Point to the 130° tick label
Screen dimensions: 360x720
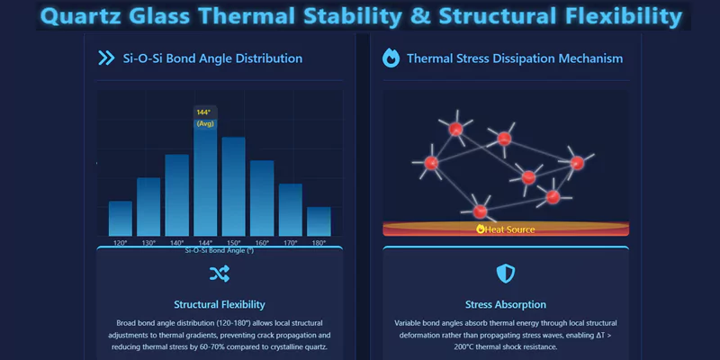pos(148,243)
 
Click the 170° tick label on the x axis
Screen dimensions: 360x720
pos(290,243)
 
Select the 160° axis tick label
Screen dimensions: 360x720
pos(262,243)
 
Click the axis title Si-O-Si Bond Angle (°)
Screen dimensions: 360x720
pos(219,250)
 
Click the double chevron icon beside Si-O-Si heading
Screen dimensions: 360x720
pos(105,58)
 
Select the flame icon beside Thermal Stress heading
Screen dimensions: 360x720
pos(391,58)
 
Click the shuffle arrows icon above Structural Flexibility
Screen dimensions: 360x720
pos(219,274)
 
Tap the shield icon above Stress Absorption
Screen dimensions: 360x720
pos(506,274)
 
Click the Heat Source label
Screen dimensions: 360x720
pos(506,229)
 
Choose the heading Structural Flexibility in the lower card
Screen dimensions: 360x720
pos(219,304)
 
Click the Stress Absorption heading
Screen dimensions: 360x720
pos(506,304)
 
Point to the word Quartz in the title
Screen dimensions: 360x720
pos(82,16)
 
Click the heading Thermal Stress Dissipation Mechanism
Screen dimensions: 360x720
pos(514,58)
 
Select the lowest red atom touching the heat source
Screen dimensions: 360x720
pos(481,211)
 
